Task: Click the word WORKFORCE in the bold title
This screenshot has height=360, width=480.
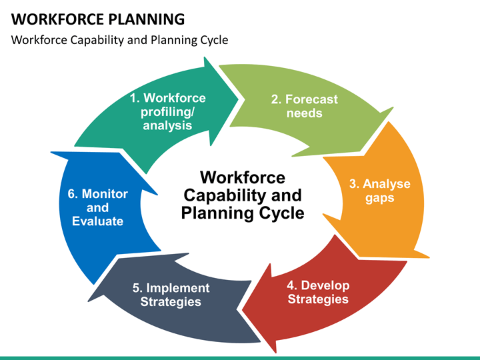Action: click(57, 19)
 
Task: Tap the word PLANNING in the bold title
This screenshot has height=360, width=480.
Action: click(147, 19)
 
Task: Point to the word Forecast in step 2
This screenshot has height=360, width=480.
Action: click(311, 99)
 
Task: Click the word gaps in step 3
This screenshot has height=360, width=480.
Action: click(379, 199)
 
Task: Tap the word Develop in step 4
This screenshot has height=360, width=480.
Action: click(325, 285)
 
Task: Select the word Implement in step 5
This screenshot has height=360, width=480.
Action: click(178, 288)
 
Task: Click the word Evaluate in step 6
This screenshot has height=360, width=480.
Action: click(97, 221)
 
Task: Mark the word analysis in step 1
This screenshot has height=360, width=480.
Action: click(167, 125)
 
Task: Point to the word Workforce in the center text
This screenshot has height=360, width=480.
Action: click(243, 177)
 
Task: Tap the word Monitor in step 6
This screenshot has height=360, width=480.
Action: click(105, 194)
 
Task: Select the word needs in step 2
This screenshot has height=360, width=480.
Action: click(304, 113)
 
